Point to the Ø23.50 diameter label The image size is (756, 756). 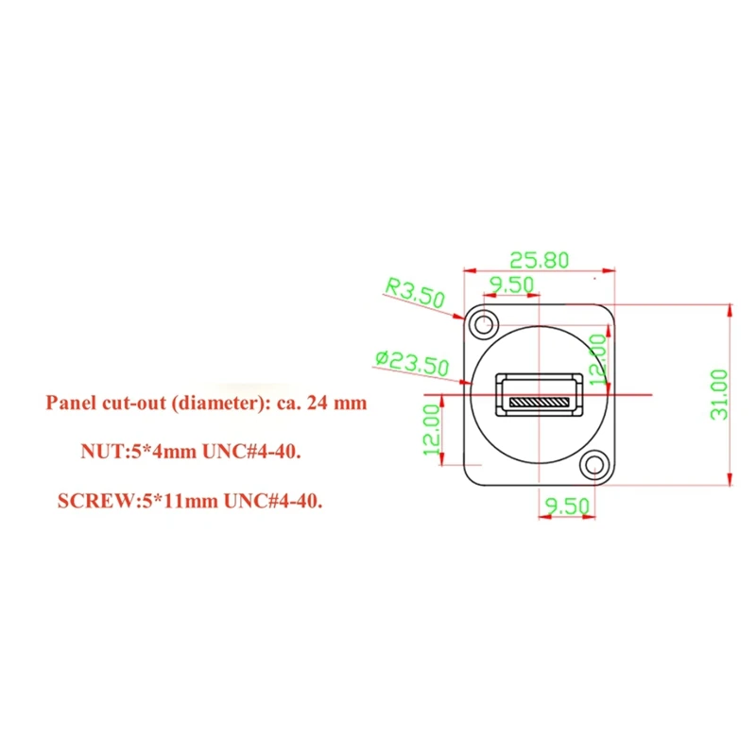[411, 361]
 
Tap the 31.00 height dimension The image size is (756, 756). [719, 394]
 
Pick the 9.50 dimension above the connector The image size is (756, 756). [510, 283]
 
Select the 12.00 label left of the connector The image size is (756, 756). [433, 431]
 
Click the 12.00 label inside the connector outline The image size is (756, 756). [598, 357]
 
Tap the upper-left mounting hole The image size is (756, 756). [487, 323]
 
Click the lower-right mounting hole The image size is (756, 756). [594, 464]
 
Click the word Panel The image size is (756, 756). [69, 403]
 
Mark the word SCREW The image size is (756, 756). [87, 502]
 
